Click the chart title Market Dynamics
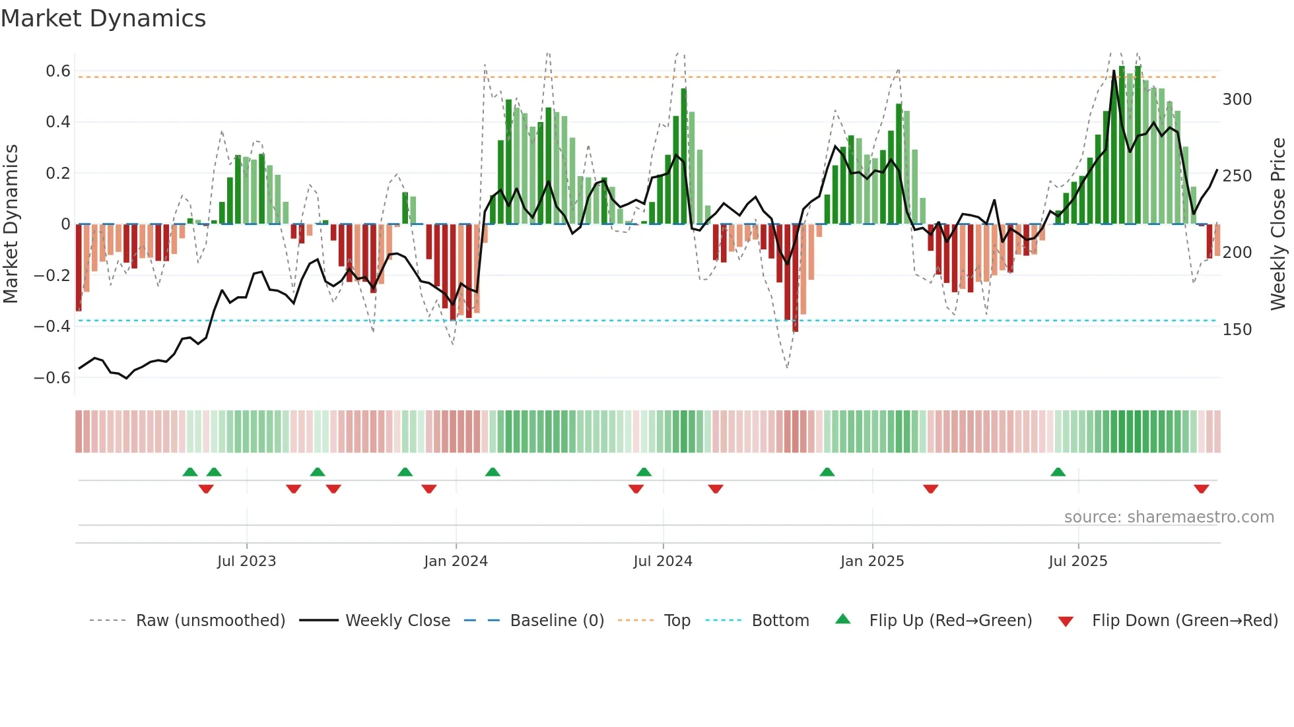click(x=103, y=18)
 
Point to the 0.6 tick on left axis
click(x=58, y=71)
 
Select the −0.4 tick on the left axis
click(x=52, y=327)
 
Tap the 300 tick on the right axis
click(x=1237, y=100)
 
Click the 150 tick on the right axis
click(x=1237, y=330)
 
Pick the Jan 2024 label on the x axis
click(x=456, y=561)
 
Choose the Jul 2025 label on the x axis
click(x=1077, y=561)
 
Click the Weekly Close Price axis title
click(x=1278, y=224)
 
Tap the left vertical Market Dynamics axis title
click(x=11, y=224)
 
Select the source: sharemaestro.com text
click(x=1169, y=517)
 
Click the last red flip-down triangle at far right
click(x=1201, y=489)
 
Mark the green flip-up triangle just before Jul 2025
click(x=1058, y=472)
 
